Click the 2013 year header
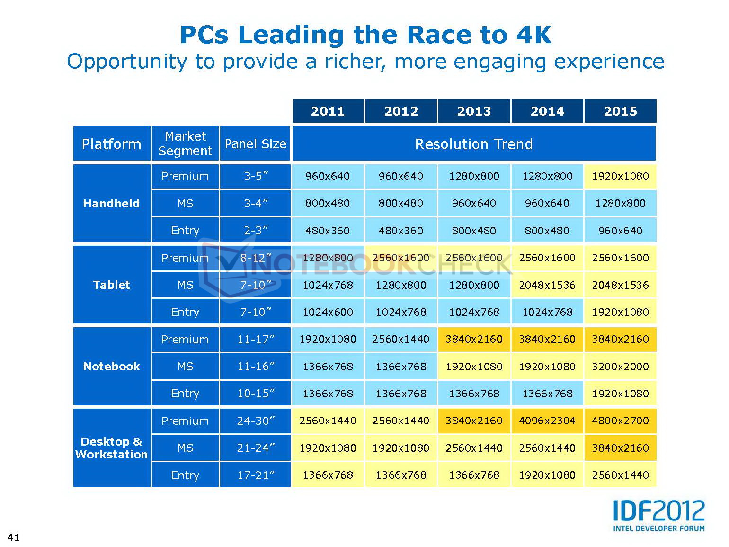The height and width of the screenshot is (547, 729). pyautogui.click(x=474, y=111)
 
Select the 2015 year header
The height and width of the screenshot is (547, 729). pyautogui.click(x=620, y=111)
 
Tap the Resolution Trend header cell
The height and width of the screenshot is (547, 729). pyautogui.click(x=474, y=144)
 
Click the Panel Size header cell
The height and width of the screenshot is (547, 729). pyautogui.click(x=255, y=144)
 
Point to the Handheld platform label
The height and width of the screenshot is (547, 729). pyautogui.click(x=112, y=204)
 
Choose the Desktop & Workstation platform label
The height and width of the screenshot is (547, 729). pyautogui.click(x=112, y=448)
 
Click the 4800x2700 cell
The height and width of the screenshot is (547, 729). pyautogui.click(x=620, y=421)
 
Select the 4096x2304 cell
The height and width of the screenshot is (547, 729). pyautogui.click(x=547, y=421)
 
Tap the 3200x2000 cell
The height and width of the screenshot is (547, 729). pyautogui.click(x=620, y=367)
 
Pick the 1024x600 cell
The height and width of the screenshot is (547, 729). pyautogui.click(x=328, y=312)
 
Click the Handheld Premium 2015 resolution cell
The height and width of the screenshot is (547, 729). pyautogui.click(x=620, y=176)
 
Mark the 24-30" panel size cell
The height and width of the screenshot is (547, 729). pyautogui.click(x=256, y=421)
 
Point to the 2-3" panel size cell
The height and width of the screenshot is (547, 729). pyautogui.click(x=256, y=231)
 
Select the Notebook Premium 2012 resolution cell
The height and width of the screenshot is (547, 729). pyautogui.click(x=401, y=339)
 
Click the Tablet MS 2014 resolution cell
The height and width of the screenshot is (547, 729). pyautogui.click(x=547, y=285)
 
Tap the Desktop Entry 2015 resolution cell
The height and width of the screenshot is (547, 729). pyautogui.click(x=620, y=475)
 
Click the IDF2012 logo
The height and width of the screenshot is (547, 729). pyautogui.click(x=658, y=515)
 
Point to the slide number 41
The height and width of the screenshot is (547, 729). pyautogui.click(x=13, y=537)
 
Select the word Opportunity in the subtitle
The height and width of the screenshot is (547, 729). pyautogui.click(x=127, y=62)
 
